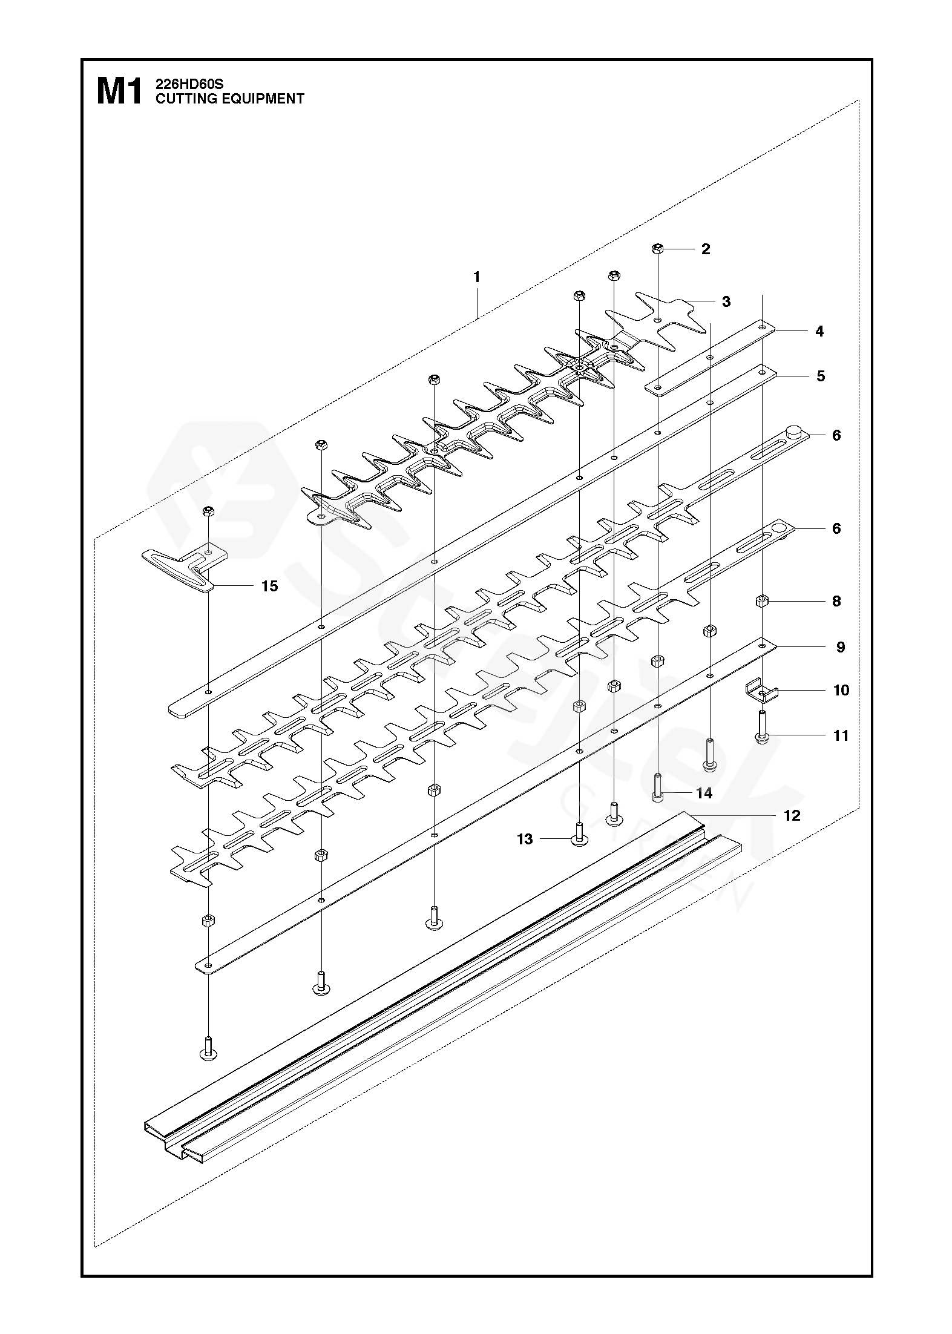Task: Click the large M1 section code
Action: (119, 92)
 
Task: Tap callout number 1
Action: (477, 277)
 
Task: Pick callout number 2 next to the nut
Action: (706, 249)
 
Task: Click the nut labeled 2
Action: (658, 248)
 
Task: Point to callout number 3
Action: (726, 301)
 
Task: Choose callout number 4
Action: (819, 331)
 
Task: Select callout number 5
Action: (821, 376)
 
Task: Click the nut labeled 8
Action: (762, 601)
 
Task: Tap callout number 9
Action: (841, 647)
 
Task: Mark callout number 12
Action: (792, 816)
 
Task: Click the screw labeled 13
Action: (579, 836)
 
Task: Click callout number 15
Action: (269, 586)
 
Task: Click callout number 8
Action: (836, 601)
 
